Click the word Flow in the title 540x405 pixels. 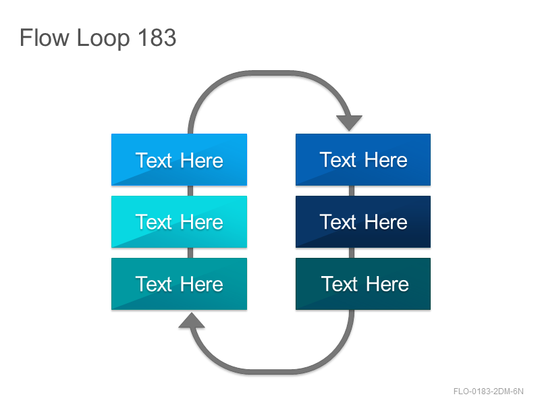[45, 38]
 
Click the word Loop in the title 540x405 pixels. [103, 38]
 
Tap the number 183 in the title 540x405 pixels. [157, 38]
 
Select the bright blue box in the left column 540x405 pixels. [179, 160]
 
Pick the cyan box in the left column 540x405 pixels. [179, 222]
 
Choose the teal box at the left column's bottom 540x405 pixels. [179, 283]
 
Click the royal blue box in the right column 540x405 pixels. [363, 160]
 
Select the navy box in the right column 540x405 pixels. [363, 222]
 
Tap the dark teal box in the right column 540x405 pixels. [363, 283]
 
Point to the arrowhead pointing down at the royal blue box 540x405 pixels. [349, 123]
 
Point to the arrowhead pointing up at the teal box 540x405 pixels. [192, 320]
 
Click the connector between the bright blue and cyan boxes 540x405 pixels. [190, 191]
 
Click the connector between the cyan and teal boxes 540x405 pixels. [190, 252]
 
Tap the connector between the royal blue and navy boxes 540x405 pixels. [352, 191]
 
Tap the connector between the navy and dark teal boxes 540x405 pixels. [352, 252]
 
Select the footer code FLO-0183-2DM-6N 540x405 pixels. [488, 391]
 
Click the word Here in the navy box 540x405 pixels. [385, 222]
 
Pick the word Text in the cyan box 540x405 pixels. [154, 222]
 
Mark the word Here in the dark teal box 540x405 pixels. [387, 284]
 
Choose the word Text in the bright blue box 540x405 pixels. [154, 161]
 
